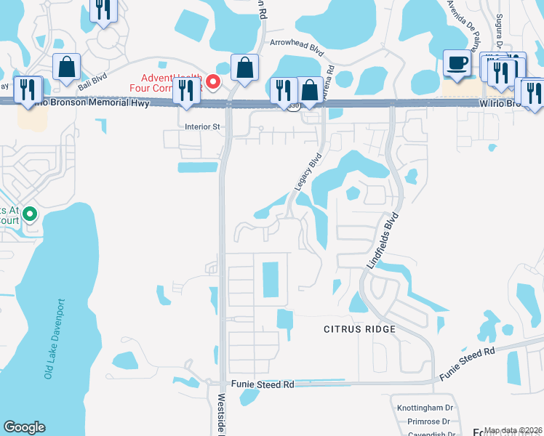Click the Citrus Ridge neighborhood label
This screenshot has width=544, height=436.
[x=359, y=329]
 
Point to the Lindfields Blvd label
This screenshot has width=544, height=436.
[x=383, y=241]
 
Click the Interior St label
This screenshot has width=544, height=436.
[x=202, y=126]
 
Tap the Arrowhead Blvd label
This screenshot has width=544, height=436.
[x=296, y=44]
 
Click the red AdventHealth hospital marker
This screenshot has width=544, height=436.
[x=213, y=81]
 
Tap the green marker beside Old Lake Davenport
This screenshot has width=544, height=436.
[x=30, y=214]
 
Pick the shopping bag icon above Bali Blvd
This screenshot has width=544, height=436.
[x=66, y=68]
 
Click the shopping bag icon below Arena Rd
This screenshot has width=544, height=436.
[x=310, y=90]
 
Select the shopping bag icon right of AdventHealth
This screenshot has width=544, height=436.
[x=244, y=68]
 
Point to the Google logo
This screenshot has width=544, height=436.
[x=24, y=427]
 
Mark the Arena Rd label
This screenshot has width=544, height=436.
[x=329, y=76]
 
